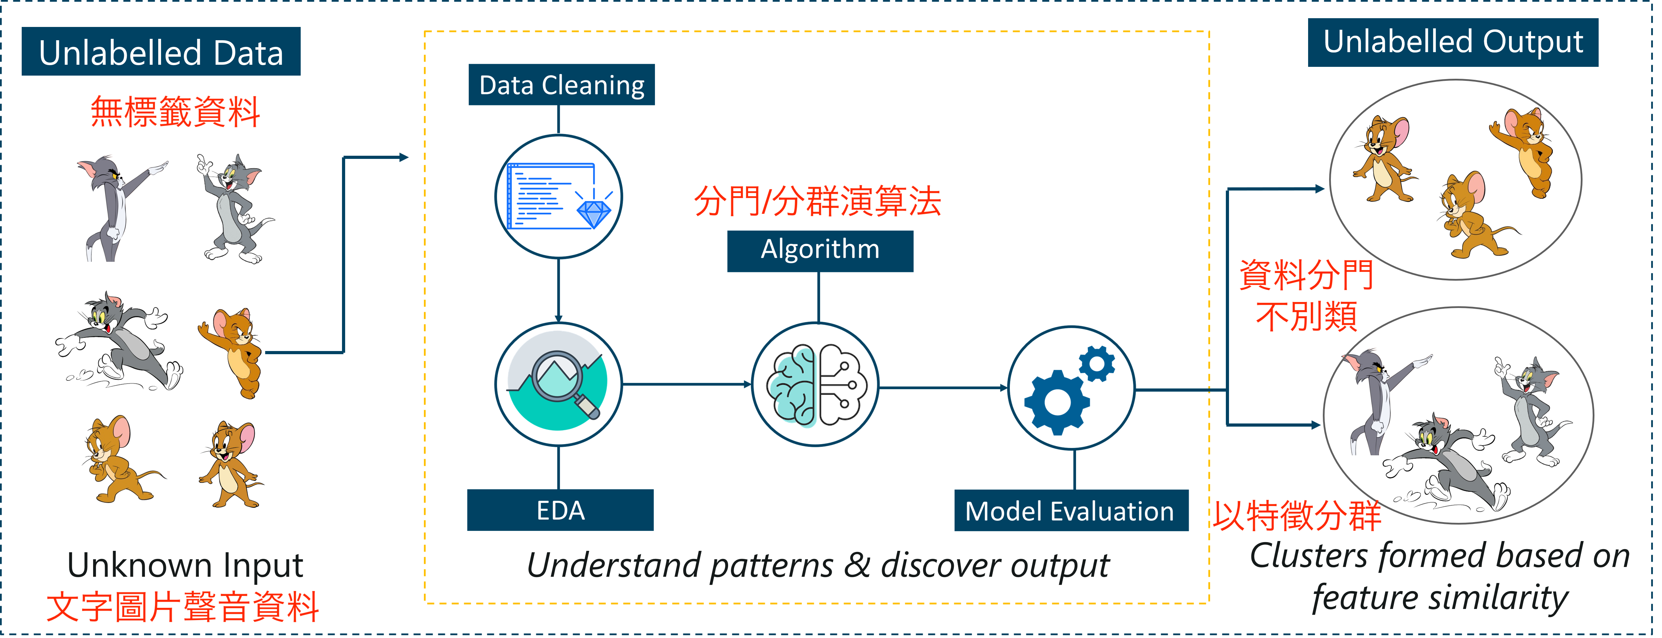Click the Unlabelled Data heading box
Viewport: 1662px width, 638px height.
tap(161, 51)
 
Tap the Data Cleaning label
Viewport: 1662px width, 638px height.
tap(561, 84)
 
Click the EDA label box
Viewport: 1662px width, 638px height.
tap(560, 510)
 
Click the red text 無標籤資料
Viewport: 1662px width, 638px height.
tap(175, 112)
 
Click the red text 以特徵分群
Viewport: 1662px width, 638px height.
tap(1297, 516)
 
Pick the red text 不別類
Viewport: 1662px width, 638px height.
tap(1306, 316)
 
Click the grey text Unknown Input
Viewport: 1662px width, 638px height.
tap(185, 565)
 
